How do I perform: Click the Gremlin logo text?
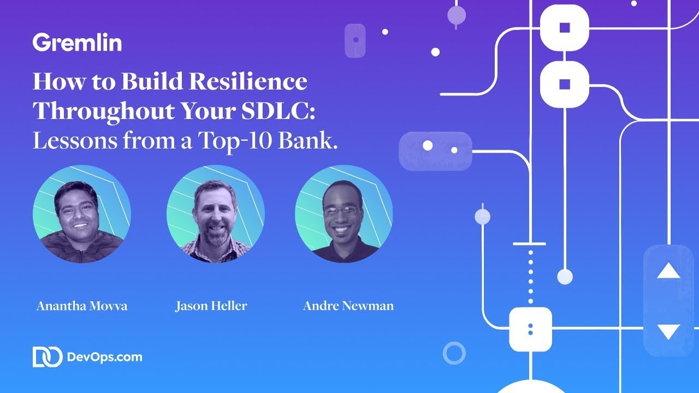point(77,43)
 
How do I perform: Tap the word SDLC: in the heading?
point(277,111)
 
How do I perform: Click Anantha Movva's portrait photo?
point(82,214)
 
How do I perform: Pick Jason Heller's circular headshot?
point(216,214)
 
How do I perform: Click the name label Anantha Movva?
point(82,306)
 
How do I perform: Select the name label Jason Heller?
point(211,306)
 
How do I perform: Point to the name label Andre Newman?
point(348,306)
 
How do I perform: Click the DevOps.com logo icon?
point(47,357)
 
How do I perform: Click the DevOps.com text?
point(104,358)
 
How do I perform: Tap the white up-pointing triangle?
point(668,271)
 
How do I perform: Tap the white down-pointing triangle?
point(668,331)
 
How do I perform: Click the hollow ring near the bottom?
point(454,353)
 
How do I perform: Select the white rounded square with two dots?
point(530,329)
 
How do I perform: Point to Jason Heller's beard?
point(216,236)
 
